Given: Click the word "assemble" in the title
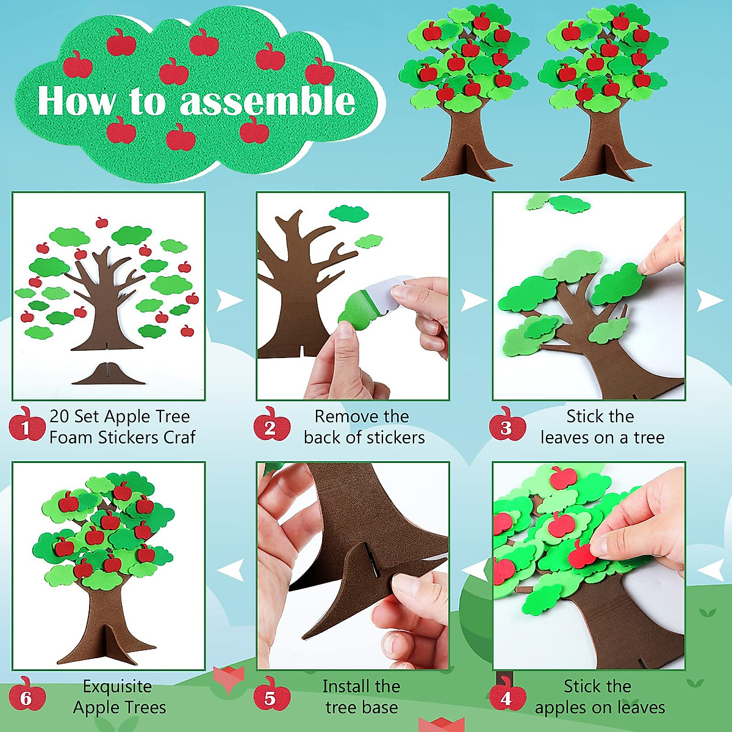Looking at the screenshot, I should [267, 101].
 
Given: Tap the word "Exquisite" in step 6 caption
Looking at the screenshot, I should [117, 686].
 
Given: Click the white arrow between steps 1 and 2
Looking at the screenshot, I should [229, 300].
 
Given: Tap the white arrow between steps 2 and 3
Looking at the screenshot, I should [473, 300].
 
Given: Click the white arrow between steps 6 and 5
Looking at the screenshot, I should [231, 571].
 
